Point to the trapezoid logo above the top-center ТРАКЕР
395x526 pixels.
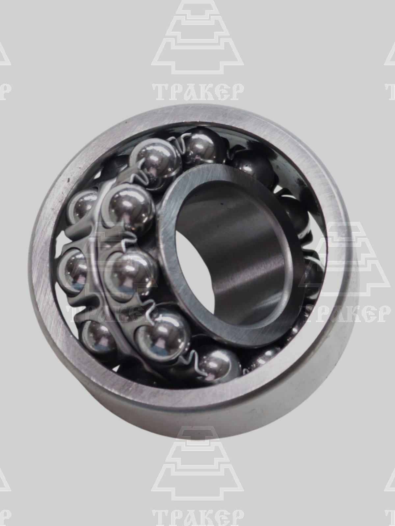[x=197, y=36]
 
